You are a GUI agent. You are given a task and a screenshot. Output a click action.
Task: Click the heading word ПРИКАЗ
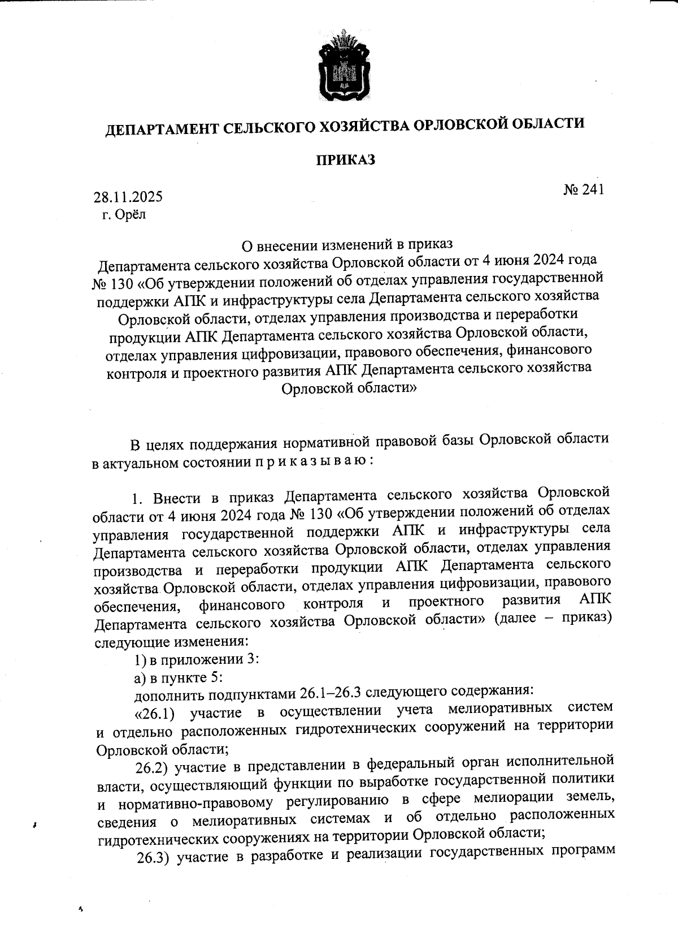coord(345,161)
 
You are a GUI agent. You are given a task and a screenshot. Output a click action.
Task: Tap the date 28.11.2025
coord(128,197)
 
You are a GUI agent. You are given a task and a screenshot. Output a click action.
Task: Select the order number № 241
coord(584,189)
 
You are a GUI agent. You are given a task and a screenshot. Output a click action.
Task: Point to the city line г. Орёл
coord(124,215)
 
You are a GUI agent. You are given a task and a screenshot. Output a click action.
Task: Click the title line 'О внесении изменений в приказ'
coord(347,245)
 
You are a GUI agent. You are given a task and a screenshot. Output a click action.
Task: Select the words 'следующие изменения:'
coord(170,642)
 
